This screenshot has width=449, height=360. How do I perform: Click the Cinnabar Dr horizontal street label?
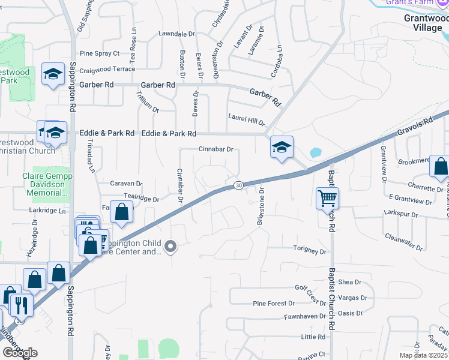coord(215,149)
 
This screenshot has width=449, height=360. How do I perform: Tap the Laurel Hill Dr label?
coord(246,118)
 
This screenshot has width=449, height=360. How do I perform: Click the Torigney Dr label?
coord(310,251)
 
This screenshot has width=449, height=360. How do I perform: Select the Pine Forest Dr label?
coord(273,304)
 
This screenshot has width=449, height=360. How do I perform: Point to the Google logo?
coord(20,353)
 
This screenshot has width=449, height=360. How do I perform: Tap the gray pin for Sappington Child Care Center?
coord(171,246)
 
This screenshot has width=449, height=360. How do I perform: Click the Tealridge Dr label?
coord(141,199)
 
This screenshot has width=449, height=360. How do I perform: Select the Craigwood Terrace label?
coord(107,69)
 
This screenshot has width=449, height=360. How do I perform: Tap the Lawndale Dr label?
coord(177,34)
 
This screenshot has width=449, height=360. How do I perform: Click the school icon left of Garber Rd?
coord(53,74)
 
